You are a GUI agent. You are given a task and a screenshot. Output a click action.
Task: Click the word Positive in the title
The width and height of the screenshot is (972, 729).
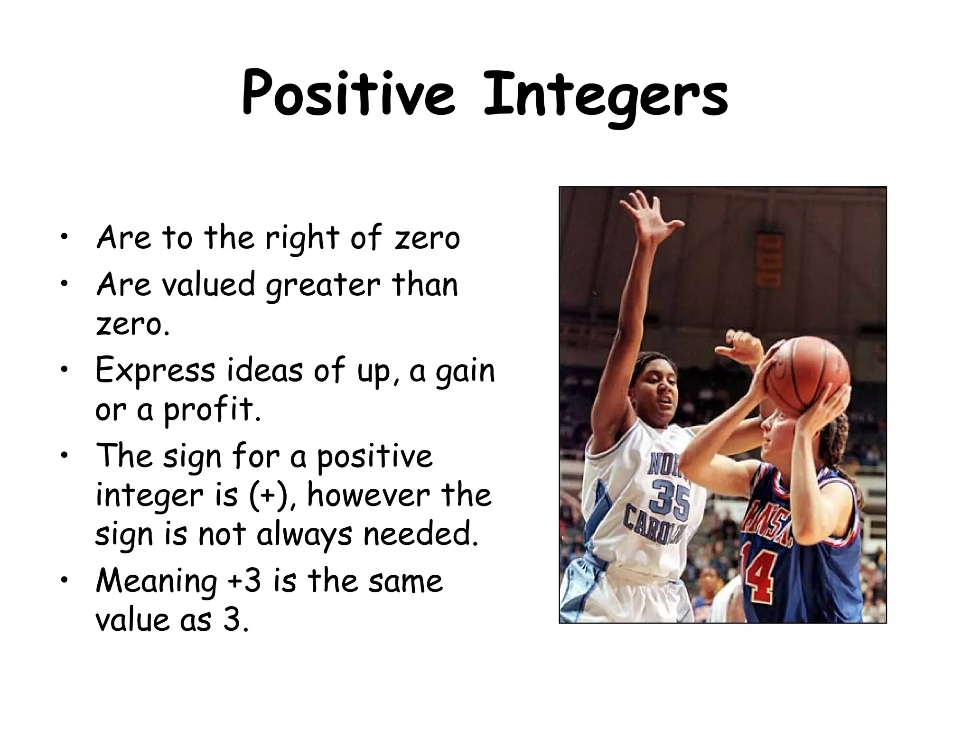click(348, 93)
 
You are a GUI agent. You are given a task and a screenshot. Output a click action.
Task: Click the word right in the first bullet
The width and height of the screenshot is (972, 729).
click(302, 239)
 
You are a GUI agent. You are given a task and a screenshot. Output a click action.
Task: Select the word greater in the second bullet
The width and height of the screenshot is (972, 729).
click(323, 286)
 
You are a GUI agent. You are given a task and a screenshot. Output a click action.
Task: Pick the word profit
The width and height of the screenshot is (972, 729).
click(212, 411)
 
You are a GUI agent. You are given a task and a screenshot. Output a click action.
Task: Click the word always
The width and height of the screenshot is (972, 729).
click(304, 535)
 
